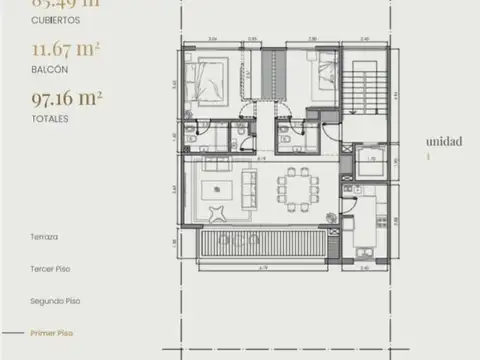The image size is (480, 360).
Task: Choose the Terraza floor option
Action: (x=45, y=237)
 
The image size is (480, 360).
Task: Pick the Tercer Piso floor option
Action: (x=50, y=268)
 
